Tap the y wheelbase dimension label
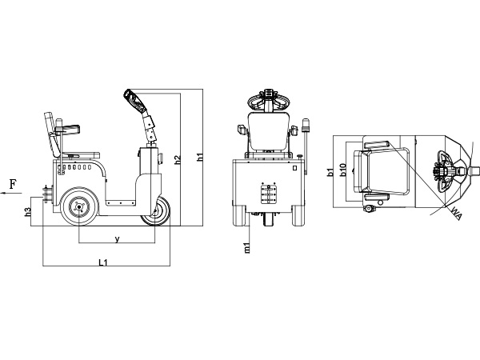click(x=117, y=238)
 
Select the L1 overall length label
click(x=102, y=262)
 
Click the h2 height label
click(x=177, y=160)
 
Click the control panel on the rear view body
click(x=269, y=193)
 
